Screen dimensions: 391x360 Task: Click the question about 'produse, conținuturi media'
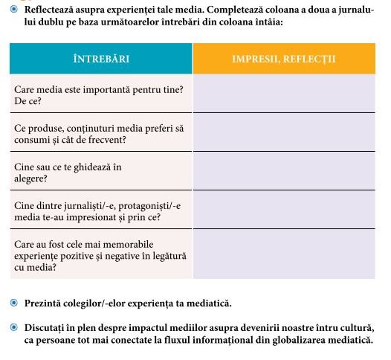tap(100, 132)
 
